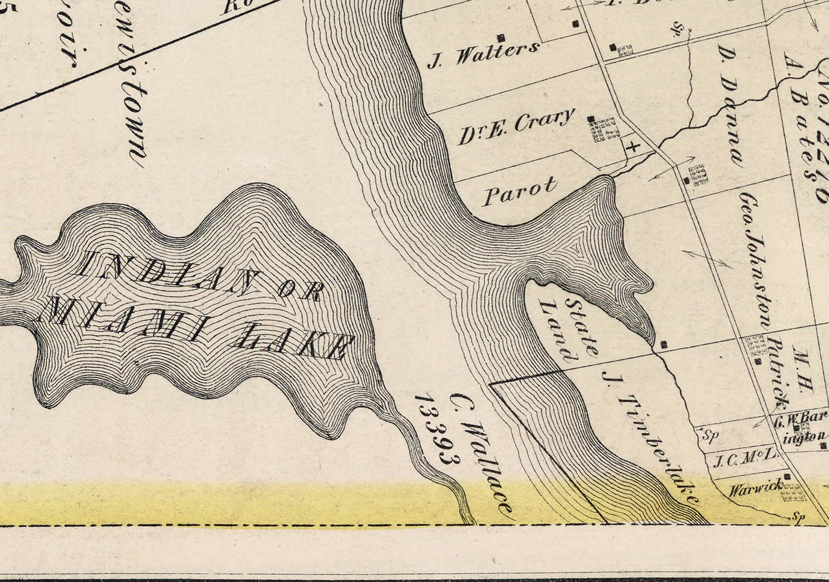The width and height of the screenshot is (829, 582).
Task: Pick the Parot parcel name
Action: click(520, 192)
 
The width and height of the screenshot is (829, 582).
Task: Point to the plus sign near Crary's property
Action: click(632, 145)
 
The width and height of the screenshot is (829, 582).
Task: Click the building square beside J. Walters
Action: click(501, 38)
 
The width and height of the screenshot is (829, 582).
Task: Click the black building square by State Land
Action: click(664, 345)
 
